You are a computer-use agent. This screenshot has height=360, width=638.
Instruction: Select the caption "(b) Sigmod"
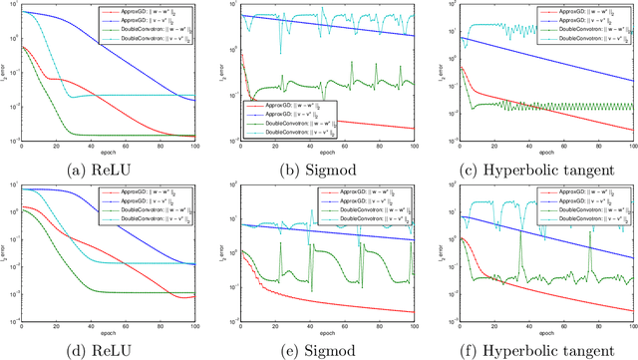[327, 166]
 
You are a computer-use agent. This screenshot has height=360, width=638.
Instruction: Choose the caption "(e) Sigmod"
[327, 349]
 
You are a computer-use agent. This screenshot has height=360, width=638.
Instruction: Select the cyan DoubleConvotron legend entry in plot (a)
[165, 38]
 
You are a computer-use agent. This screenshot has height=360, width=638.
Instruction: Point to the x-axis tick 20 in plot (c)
[494, 144]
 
